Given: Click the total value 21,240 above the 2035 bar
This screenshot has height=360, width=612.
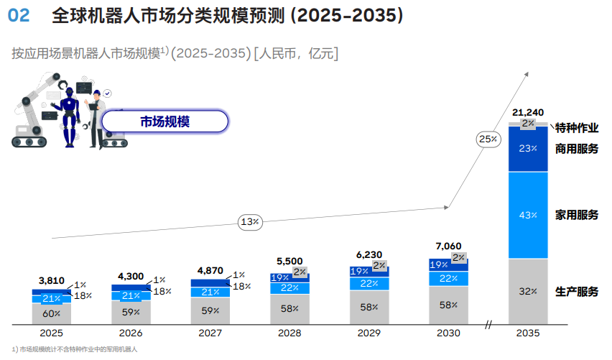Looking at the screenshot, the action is tap(528, 112).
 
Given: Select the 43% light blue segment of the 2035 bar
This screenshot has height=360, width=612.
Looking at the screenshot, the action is tap(528, 215).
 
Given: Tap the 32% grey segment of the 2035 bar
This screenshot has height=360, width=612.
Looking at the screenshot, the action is tap(528, 291).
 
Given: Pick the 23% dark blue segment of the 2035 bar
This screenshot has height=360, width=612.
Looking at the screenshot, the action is tap(528, 149).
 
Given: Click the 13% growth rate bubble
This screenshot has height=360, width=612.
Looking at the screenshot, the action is tap(250, 222).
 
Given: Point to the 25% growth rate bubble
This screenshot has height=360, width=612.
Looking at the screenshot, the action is tap(488, 139).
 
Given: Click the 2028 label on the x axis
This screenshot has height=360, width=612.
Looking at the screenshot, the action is tap(289, 333).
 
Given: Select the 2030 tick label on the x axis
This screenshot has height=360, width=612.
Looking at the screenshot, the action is tap(448, 333).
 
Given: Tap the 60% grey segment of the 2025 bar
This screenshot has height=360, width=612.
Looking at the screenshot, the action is tap(52, 313).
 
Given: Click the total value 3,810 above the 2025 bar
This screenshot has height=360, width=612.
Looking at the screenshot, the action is tap(52, 281).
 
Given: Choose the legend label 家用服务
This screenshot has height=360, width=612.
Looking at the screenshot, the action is tap(577, 215).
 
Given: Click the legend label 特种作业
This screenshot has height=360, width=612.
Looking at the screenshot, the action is tap(577, 128).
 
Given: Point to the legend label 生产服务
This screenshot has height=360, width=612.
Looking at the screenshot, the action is tap(577, 292).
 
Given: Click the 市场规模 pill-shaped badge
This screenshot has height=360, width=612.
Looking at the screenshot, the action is tap(164, 121).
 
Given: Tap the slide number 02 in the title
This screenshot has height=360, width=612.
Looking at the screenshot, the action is tap(19, 16).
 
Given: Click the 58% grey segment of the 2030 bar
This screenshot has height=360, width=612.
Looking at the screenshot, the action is tap(448, 305).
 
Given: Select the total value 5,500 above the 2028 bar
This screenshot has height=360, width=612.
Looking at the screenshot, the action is tap(289, 262).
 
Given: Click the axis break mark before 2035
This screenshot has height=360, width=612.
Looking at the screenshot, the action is tap(488, 325).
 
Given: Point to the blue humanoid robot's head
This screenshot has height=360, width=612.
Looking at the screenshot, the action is tap(70, 93).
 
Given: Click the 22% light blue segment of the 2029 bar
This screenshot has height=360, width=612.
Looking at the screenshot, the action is tap(369, 283).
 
